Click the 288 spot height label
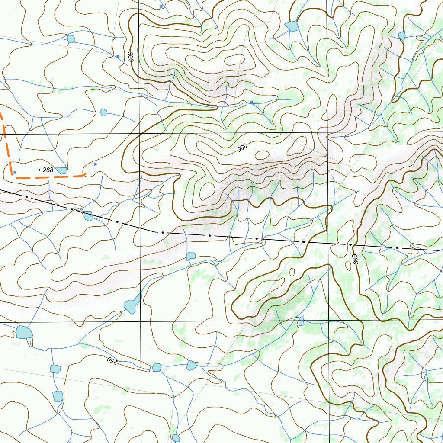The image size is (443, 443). (x=48, y=170)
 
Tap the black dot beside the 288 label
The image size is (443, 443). (x=40, y=170)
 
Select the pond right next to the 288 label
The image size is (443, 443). (x=61, y=170)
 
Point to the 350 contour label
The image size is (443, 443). (x=241, y=148)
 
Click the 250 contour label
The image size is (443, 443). (x=112, y=360)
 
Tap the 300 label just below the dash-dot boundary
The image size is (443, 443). (x=355, y=259)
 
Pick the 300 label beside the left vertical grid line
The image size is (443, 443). (x=130, y=57)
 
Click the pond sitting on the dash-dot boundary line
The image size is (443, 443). (x=88, y=216)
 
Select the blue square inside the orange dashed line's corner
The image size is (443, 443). (x=15, y=172)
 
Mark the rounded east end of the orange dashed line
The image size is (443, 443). (x=85, y=174)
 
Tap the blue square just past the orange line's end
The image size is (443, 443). (x=95, y=164)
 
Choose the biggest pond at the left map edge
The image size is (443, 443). (x=24, y=332)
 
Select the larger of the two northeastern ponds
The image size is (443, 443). (x=293, y=26)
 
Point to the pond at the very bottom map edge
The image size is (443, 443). (x=176, y=438)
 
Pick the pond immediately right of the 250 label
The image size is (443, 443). (x=157, y=367)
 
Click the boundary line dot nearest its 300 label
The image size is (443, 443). (x=350, y=244)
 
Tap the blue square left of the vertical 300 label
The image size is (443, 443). (x=118, y=56)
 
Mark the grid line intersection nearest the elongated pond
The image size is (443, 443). (x=141, y=322)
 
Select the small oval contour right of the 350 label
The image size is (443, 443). (x=262, y=155)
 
